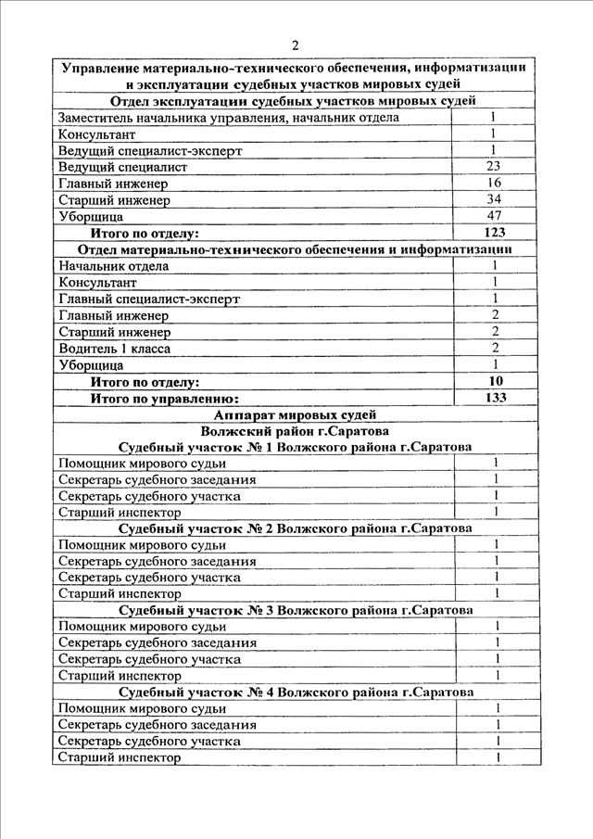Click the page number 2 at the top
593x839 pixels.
coord(295,45)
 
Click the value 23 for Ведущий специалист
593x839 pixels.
coord(494,167)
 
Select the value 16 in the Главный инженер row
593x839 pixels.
coord(494,184)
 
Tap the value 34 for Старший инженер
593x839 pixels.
coord(494,199)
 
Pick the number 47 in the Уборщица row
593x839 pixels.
coord(494,216)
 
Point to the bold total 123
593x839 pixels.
coord(494,233)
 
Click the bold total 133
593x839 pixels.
coord(496,398)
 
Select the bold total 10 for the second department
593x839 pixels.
coord(496,381)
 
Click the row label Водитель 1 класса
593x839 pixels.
coord(114,349)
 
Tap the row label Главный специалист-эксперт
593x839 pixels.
coord(148,299)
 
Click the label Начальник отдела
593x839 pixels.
coord(113,266)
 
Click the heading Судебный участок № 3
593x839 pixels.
coord(296,611)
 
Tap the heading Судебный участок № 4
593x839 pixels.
coord(296,693)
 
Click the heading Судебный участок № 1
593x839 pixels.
coord(296,447)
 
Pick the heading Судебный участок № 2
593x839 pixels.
coord(296,528)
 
